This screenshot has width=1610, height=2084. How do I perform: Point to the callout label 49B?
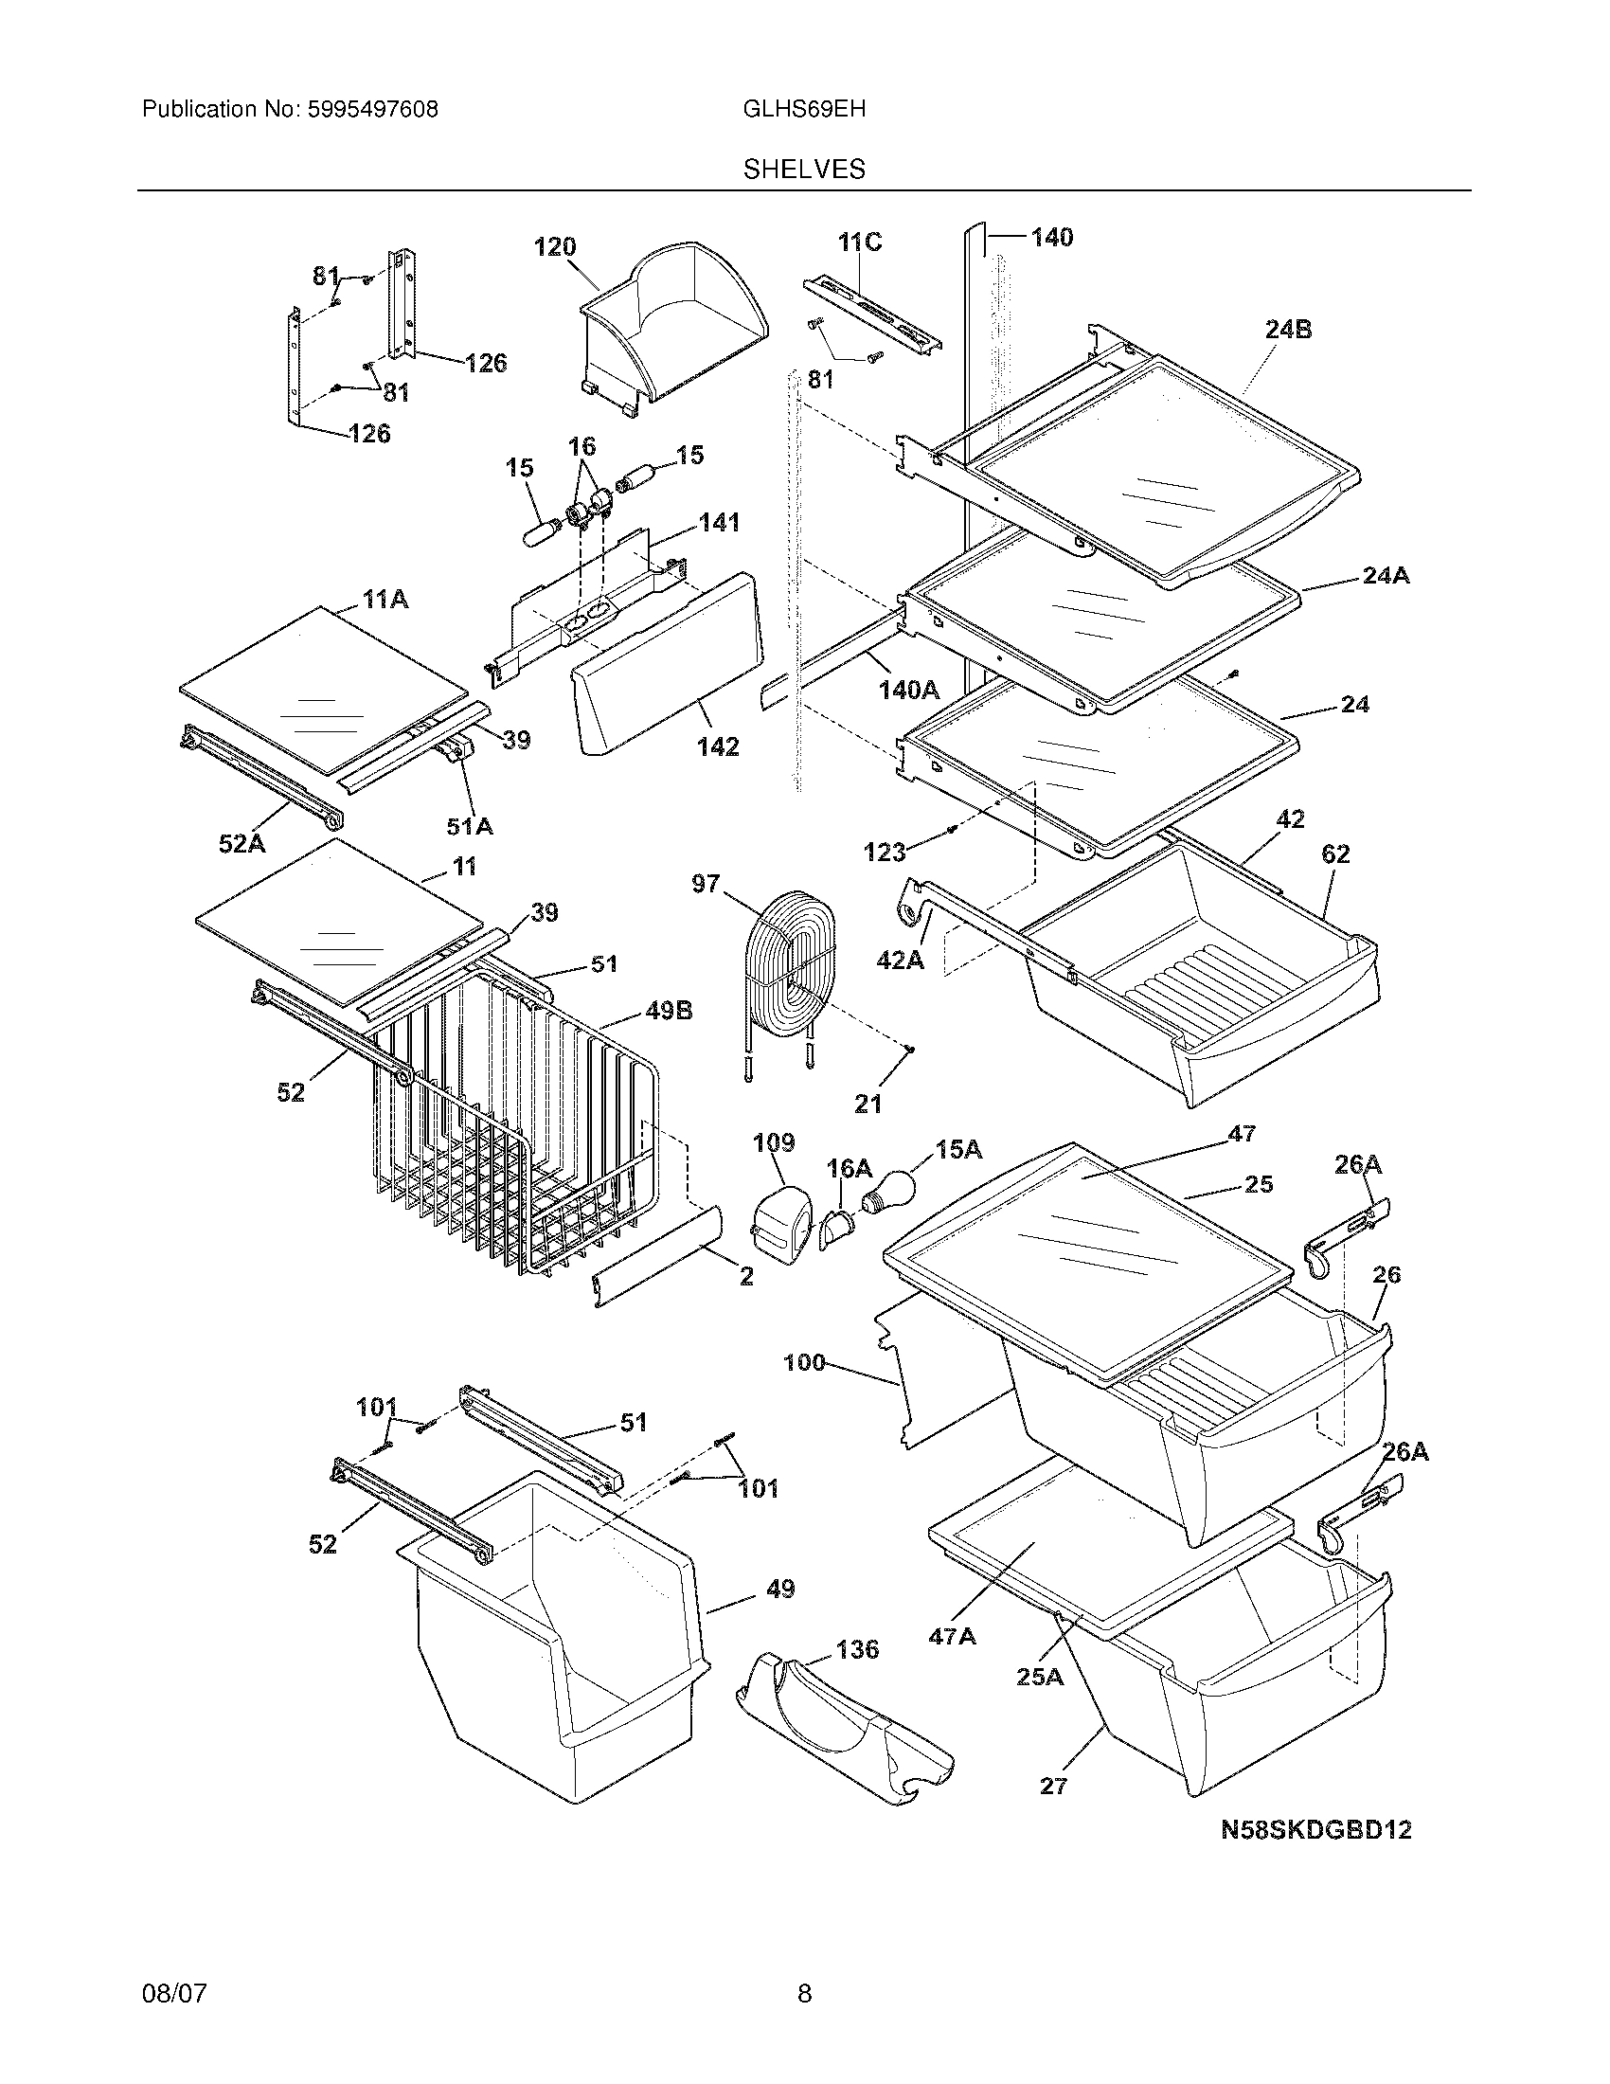click(x=669, y=1011)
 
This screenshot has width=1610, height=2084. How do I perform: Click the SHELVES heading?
click(x=804, y=170)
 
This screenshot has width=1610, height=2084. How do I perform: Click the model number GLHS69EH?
click(x=804, y=109)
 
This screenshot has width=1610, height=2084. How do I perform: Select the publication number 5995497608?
click(x=372, y=109)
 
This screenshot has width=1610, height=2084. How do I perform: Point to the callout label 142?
click(x=717, y=746)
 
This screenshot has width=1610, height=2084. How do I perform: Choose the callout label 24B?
click(x=1288, y=331)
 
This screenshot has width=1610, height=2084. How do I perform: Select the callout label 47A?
click(x=952, y=1637)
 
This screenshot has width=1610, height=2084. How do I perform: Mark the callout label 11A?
click(x=385, y=600)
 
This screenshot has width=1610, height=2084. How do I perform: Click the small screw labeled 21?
click(x=910, y=1050)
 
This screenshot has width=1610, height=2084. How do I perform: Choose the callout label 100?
click(x=803, y=1361)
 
